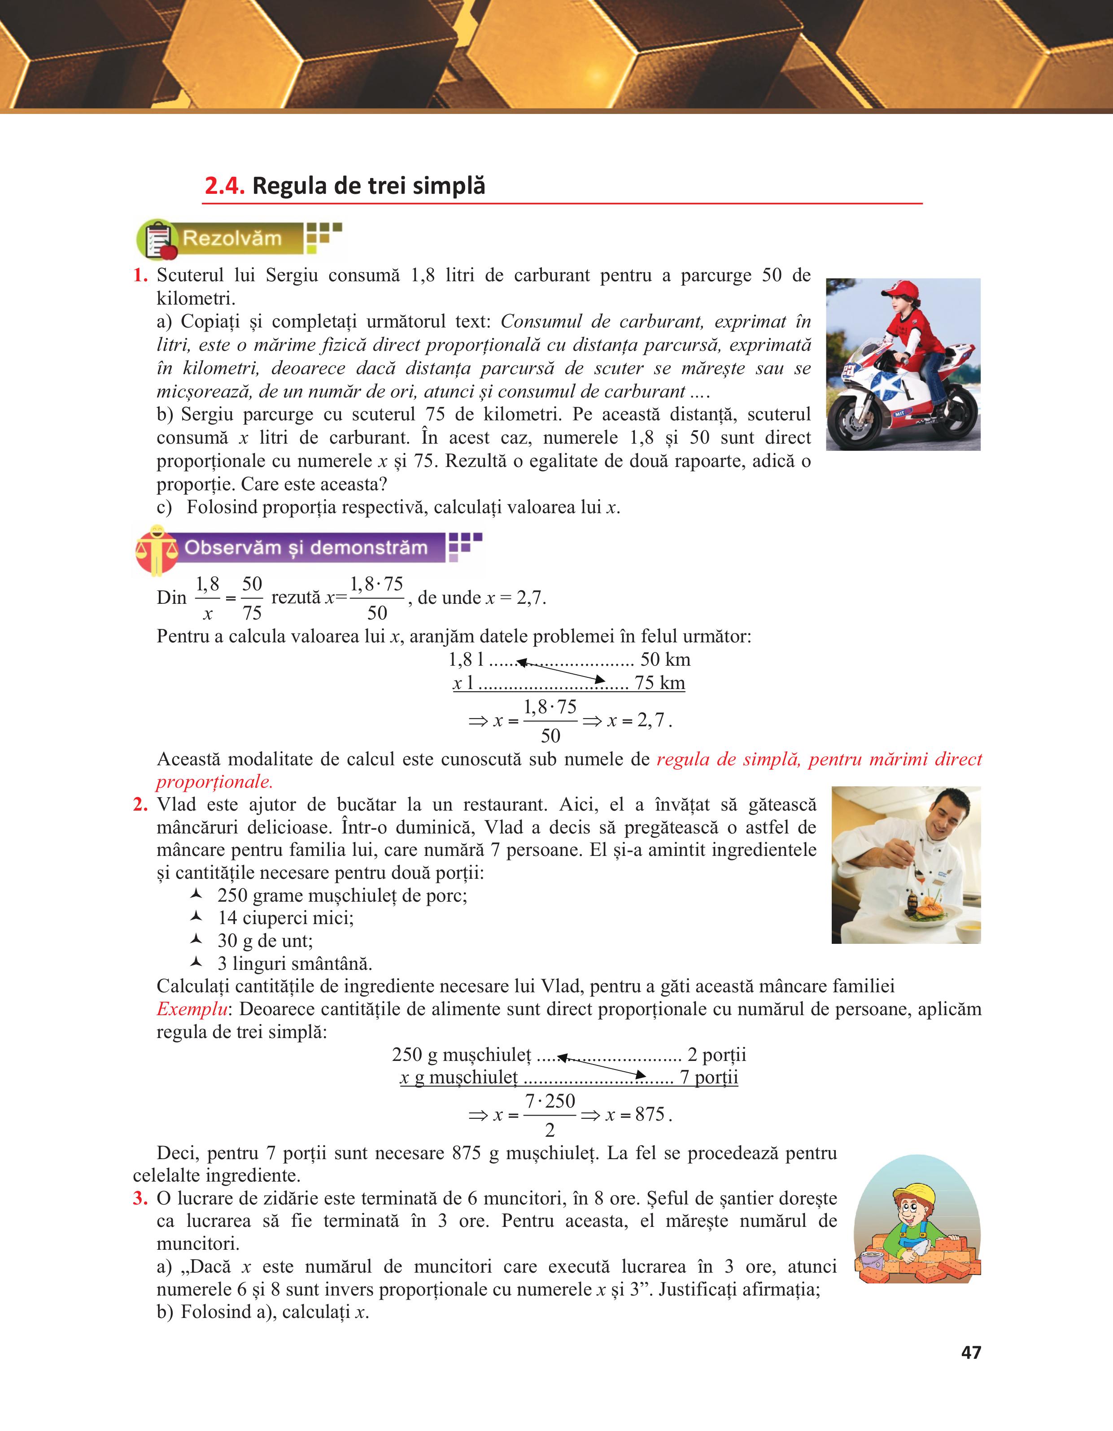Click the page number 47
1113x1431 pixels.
[x=970, y=1352]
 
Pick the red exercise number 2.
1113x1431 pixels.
[x=140, y=805]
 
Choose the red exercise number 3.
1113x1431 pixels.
[x=140, y=1198]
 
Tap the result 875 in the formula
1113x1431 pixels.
[x=649, y=1114]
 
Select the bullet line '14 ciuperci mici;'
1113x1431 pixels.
[x=285, y=918]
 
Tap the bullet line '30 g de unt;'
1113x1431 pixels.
[x=265, y=941]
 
